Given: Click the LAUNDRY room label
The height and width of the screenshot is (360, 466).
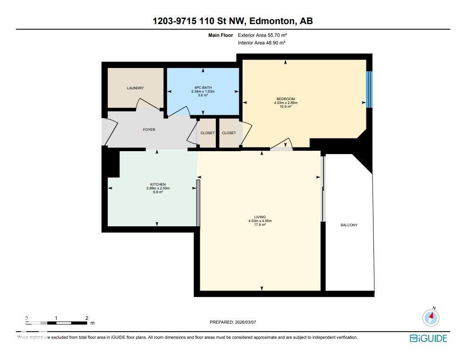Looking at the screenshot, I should (x=135, y=88).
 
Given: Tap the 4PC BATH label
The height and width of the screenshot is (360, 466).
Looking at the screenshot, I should (x=203, y=87).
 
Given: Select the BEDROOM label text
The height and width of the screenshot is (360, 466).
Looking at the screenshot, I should (x=286, y=99).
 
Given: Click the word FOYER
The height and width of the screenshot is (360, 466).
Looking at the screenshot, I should (x=149, y=129).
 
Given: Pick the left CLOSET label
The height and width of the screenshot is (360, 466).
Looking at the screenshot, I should (x=208, y=133).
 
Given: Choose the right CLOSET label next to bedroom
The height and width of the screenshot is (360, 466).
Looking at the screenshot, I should (x=229, y=133).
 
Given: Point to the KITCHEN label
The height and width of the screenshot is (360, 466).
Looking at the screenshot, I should (x=158, y=184).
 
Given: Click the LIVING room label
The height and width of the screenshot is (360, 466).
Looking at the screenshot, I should (x=260, y=217).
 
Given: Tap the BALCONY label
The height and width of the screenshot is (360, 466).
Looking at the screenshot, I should (x=349, y=225).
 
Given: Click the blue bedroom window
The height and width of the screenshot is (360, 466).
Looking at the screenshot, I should (x=369, y=89).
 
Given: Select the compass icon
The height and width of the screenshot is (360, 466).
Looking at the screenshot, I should (x=431, y=317).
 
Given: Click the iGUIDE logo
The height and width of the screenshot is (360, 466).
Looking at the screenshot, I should (x=428, y=338).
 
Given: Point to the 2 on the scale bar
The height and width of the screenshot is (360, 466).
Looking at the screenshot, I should (x=87, y=318).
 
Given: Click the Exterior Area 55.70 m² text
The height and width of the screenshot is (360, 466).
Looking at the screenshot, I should (x=262, y=35).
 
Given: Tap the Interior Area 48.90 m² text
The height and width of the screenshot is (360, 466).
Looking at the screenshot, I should (x=262, y=43).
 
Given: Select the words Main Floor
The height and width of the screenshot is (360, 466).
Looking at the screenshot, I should (x=220, y=35).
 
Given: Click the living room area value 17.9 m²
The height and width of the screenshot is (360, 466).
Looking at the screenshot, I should (x=260, y=225).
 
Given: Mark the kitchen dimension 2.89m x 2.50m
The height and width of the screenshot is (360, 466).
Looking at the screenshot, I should (x=158, y=188).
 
